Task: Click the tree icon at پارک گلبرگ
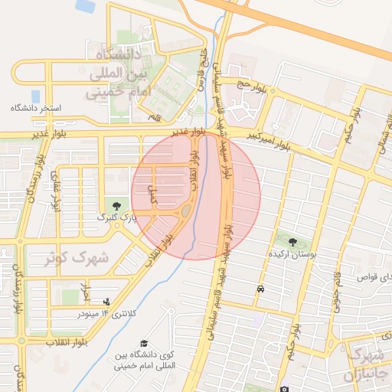coord(116,205)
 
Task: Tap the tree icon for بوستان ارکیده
coord(292,242)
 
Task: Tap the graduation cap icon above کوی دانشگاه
coord(145,343)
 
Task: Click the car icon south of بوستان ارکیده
coord(261,289)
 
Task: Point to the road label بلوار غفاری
coord(55,191)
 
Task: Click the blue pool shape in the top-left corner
coord(86,5)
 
